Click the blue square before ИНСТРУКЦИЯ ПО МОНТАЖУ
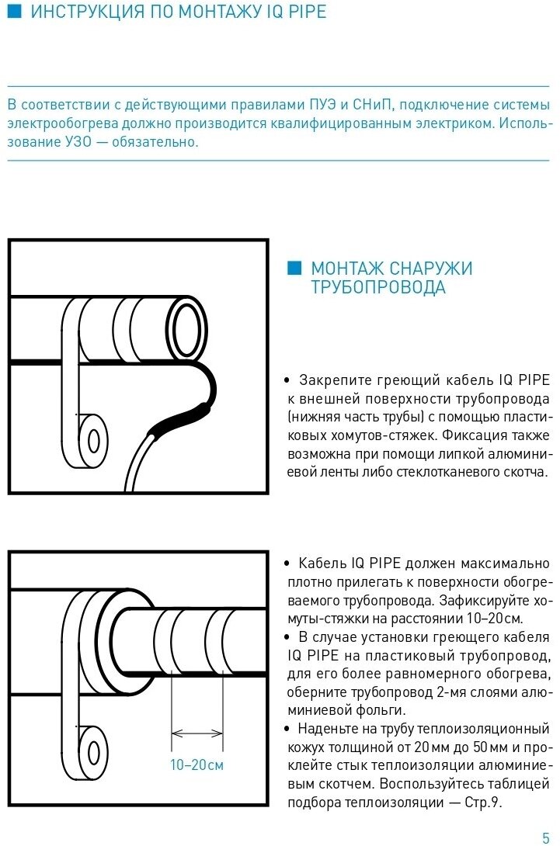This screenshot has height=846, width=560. tap(13, 12)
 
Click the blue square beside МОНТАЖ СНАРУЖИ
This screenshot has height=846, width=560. tap(293, 269)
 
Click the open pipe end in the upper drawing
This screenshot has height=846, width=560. tap(187, 326)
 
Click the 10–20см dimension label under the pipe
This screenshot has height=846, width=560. tap(197, 765)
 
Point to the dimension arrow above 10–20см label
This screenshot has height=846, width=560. tap(197, 732)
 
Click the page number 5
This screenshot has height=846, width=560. tap(545, 836)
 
